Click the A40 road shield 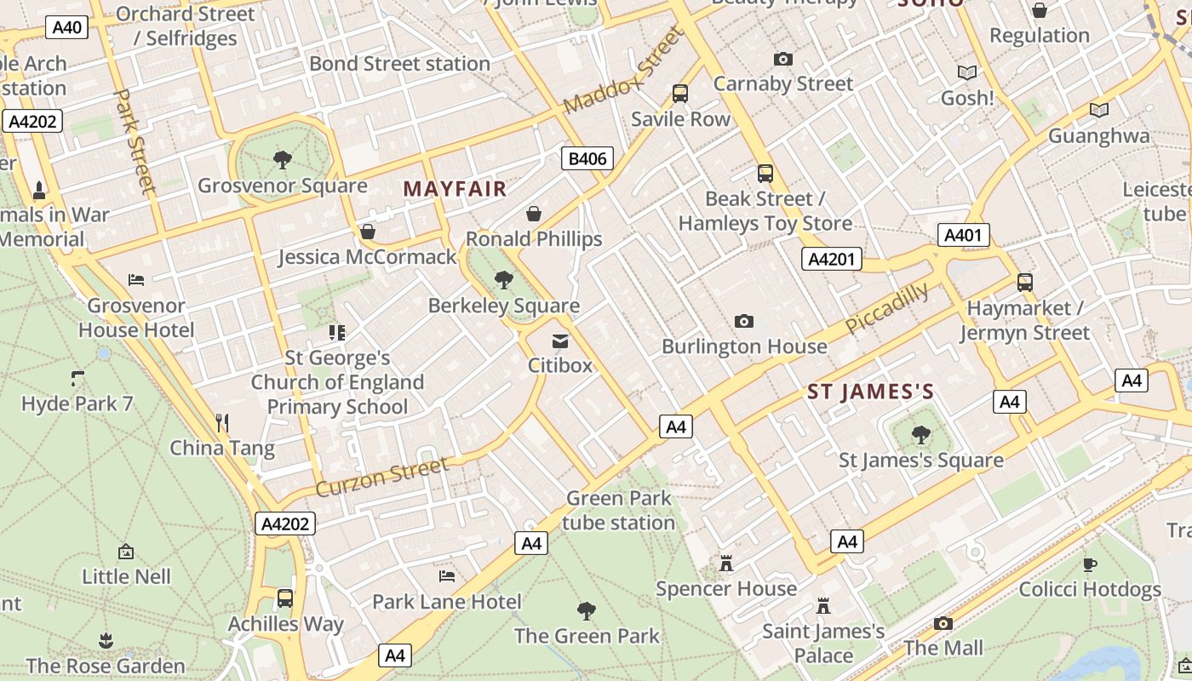(67, 27)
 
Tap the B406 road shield (587, 158)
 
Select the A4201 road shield (831, 260)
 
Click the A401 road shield (964, 235)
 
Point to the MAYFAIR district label (455, 189)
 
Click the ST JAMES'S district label (870, 392)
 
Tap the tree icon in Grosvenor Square (282, 159)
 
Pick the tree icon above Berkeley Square (504, 279)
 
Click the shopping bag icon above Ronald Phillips (534, 213)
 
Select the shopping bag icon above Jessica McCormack (368, 231)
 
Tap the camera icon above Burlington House (744, 321)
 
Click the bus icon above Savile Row (680, 94)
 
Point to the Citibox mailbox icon (560, 340)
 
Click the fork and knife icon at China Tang (222, 422)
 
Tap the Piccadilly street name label (886, 308)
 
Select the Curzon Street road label (382, 477)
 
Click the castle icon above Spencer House (726, 563)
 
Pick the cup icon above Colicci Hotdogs (1089, 564)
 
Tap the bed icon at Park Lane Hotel (447, 576)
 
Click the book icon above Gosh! (967, 72)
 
